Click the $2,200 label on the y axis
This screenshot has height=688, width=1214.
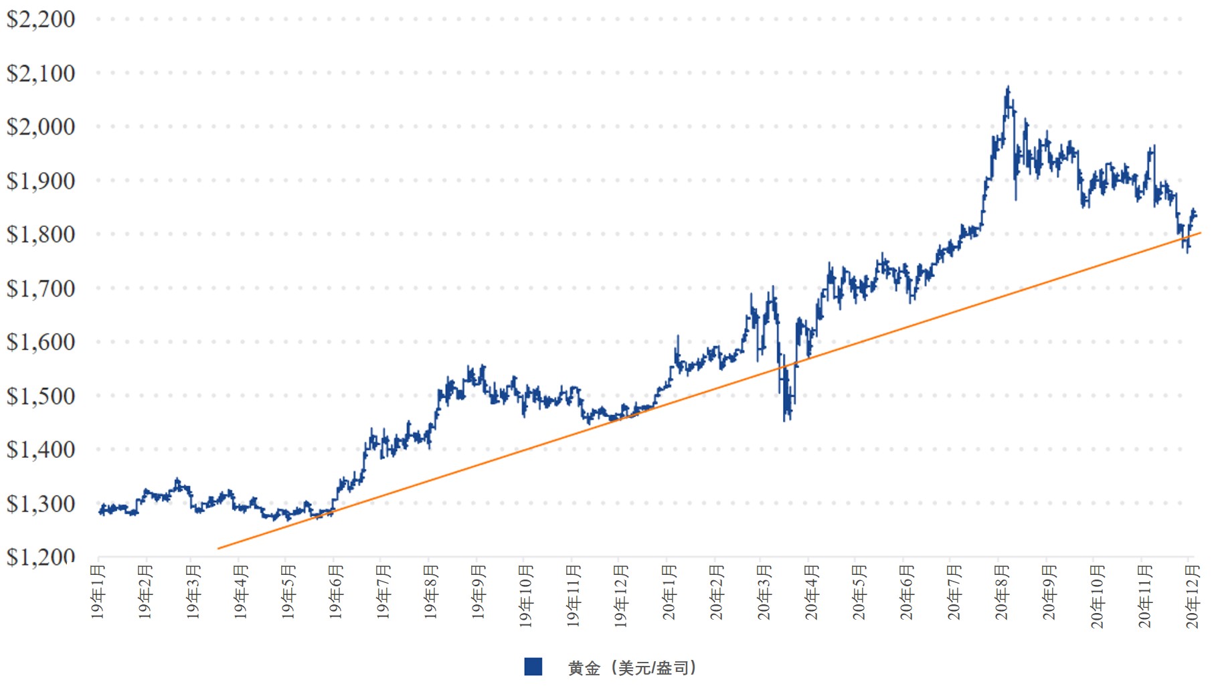[x=40, y=19]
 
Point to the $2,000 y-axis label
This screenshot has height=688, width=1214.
[x=40, y=126]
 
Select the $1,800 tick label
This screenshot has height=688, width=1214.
[x=40, y=234]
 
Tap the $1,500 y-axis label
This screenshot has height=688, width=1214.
[x=40, y=396]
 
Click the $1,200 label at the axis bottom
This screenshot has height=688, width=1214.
[x=40, y=557]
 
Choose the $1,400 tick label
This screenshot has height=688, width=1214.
[x=40, y=449]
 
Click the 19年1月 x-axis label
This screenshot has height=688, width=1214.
[x=98, y=592]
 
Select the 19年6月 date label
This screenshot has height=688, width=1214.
[x=336, y=592]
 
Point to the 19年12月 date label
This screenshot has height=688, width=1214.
[x=621, y=596]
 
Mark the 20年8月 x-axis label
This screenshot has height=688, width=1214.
[x=1002, y=592]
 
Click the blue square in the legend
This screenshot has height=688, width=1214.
[x=533, y=667]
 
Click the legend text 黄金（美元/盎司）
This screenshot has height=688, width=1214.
[x=632, y=668]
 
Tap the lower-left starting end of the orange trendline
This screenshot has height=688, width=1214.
[x=219, y=549]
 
